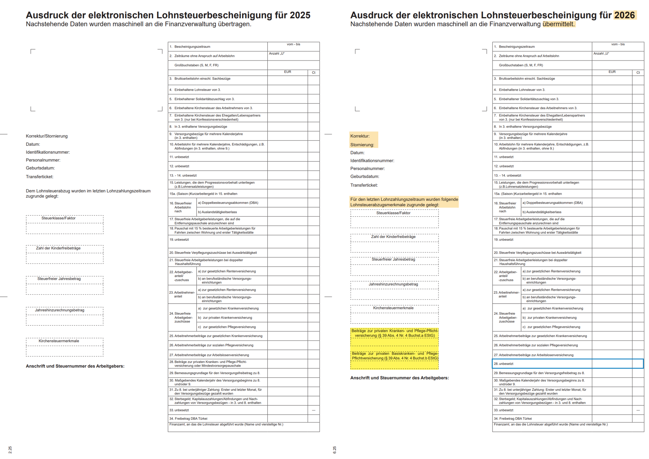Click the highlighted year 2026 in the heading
click(x=625, y=15)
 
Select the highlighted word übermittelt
click(x=559, y=24)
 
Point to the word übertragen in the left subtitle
click(x=235, y=24)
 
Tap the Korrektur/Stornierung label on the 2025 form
click(x=47, y=136)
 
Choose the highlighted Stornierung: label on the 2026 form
click(x=362, y=145)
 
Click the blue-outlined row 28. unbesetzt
click(x=568, y=364)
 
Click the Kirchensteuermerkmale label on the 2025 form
click(x=59, y=341)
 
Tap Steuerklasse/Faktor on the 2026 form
click(x=393, y=213)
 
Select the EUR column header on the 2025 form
click(x=287, y=72)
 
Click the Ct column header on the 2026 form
click(x=638, y=73)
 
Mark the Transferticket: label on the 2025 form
click(x=40, y=177)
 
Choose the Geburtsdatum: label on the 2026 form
click(x=364, y=176)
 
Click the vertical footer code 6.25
click(x=334, y=450)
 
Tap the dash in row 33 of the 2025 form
click(x=314, y=410)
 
